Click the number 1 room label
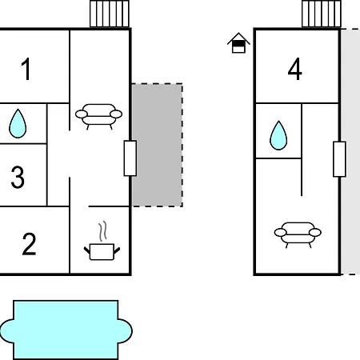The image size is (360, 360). point(26,70)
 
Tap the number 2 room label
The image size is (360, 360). point(29,244)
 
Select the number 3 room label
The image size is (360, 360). point(18,177)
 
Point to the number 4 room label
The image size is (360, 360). point(295,69)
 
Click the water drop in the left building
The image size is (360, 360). point(18,124)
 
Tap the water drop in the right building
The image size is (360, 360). point(278,136)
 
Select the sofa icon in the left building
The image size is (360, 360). point(98,117)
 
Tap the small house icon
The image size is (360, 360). point(238,43)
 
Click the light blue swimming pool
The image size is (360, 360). point(66,330)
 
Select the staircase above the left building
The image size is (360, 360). point(110,14)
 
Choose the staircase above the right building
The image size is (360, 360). point(322,14)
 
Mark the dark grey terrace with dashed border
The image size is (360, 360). point(158,145)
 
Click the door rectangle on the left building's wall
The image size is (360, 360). point(130,158)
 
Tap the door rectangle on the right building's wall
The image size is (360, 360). point(339,159)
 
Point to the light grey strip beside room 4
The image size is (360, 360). point(350,151)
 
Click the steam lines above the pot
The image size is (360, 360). point(102,231)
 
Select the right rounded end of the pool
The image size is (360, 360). point(125,330)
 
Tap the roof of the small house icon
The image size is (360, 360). point(238,38)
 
